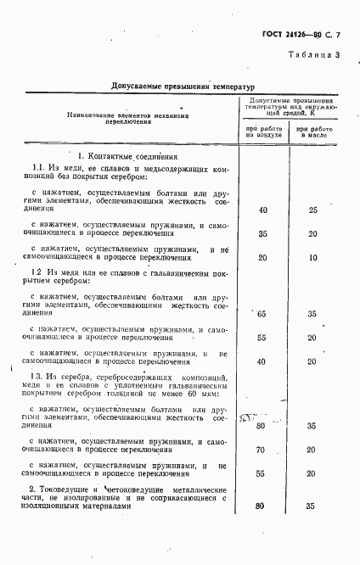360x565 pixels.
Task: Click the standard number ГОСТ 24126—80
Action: coord(290,36)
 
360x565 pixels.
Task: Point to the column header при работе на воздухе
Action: coord(262,131)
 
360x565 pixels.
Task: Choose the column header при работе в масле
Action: coord(312,131)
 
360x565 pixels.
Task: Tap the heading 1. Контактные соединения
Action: coord(128,157)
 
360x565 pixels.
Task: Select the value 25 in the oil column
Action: coord(312,210)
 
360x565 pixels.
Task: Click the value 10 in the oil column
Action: coord(312,257)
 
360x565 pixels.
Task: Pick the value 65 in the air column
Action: coord(262,314)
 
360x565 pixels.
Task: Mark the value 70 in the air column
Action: coord(262,450)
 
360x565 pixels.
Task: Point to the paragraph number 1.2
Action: coord(37,272)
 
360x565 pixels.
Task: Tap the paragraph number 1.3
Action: coord(37,376)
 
